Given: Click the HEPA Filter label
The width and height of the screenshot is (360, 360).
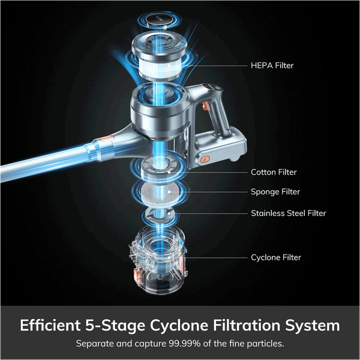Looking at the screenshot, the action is point(272,65).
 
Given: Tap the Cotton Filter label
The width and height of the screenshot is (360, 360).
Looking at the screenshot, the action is point(274,172).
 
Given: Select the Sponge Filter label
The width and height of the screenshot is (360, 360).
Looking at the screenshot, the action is point(275,192).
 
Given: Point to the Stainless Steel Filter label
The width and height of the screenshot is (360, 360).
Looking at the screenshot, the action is point(289,213).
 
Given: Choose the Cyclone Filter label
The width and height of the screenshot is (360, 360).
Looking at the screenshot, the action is point(276,257).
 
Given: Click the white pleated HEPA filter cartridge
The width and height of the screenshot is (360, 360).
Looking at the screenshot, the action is point(160,67).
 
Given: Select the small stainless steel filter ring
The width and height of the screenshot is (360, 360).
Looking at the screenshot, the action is point(158,215).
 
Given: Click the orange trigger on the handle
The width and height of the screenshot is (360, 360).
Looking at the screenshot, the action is point(205,106).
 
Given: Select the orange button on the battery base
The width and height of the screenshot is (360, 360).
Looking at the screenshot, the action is point(205,159).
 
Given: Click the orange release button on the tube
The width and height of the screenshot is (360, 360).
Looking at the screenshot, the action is point(107,139).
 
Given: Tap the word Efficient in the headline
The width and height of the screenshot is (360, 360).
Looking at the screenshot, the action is point(50,325).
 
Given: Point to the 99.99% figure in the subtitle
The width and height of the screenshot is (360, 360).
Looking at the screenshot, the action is point(185,344).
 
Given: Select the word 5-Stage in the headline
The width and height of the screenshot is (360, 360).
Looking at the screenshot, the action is point(115,326).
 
